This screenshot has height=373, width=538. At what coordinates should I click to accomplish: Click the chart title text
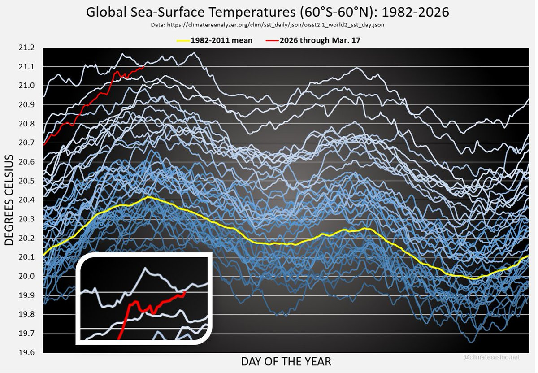pos(267,12)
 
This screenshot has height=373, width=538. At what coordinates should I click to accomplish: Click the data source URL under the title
pos(267,25)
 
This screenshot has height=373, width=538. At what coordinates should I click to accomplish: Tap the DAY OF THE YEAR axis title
pos(286,361)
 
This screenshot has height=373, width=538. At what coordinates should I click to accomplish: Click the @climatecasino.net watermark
pos(492,357)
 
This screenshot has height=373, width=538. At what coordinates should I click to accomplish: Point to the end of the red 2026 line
pos(143,67)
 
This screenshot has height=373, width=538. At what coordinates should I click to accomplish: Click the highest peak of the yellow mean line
pos(148,197)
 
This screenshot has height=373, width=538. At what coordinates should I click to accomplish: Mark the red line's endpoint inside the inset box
pos(185,291)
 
